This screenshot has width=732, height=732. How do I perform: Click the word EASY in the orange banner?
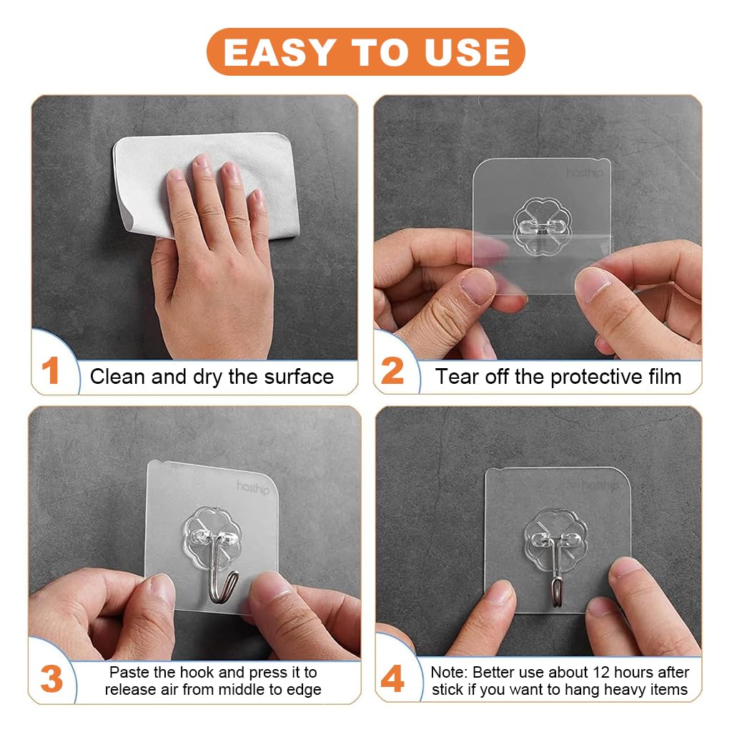(x=279, y=52)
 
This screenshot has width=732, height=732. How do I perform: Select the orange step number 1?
(x=50, y=372)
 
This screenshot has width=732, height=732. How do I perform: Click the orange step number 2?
(x=392, y=372)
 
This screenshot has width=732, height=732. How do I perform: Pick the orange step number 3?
(x=51, y=679)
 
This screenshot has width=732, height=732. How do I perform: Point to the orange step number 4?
(x=392, y=679)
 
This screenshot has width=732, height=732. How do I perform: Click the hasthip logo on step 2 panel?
(x=585, y=173)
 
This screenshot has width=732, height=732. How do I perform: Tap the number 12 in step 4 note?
(x=600, y=672)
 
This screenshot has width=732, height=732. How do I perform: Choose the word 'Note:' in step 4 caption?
(x=449, y=672)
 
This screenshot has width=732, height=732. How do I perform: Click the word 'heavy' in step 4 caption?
(x=625, y=690)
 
